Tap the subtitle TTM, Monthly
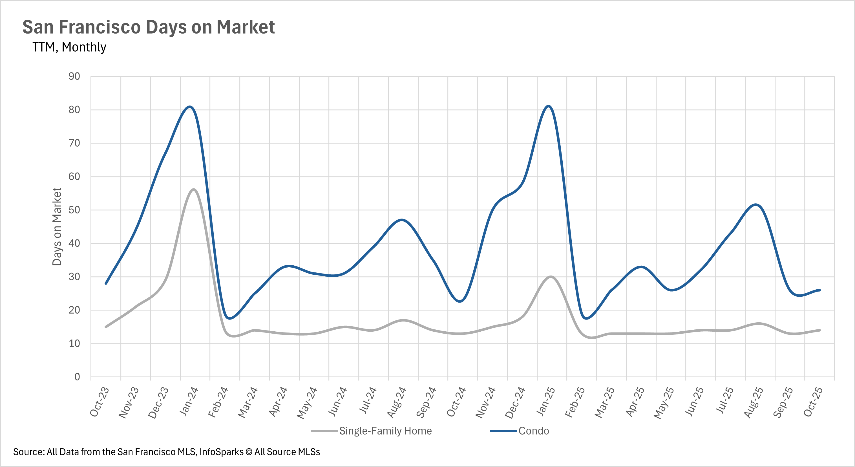(x=69, y=47)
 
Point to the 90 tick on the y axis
(x=74, y=76)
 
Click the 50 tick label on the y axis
(x=74, y=210)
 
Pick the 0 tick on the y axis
(x=77, y=377)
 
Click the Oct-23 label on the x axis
(x=100, y=402)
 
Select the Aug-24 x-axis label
(x=397, y=402)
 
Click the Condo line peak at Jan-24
(x=189, y=107)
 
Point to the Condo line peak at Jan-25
(x=548, y=106)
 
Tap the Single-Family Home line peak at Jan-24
(x=193, y=190)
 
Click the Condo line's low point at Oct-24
(x=460, y=301)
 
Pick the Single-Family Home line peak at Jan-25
(x=551, y=277)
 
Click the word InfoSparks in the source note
(x=221, y=452)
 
